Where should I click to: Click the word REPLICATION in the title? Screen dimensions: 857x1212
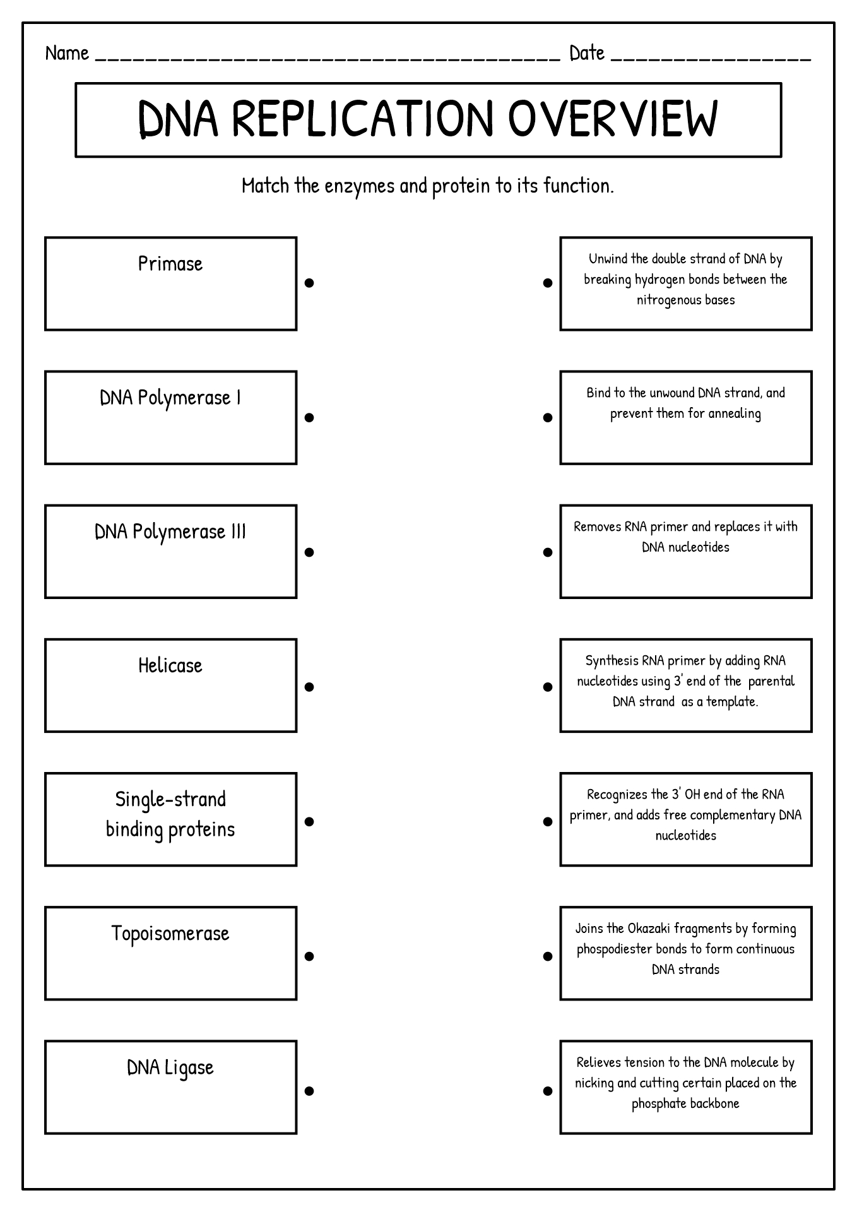tap(363, 119)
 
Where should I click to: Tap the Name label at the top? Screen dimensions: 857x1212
tap(67, 53)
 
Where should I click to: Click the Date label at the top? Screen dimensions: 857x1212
tap(587, 53)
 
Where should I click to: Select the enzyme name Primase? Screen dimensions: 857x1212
tap(170, 263)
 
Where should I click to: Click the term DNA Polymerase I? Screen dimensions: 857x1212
tap(170, 398)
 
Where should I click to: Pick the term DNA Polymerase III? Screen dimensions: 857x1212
tap(170, 532)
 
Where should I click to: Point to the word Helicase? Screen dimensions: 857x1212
tap(170, 665)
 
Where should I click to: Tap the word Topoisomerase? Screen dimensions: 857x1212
tap(170, 934)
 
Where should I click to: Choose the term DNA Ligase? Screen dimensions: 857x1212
tap(170, 1067)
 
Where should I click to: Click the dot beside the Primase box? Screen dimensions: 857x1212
tap(309, 283)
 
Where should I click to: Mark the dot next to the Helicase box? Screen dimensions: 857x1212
tap(309, 687)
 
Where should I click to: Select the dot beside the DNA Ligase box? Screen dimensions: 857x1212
tap(309, 1091)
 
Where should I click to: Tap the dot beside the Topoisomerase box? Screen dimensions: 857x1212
tap(309, 956)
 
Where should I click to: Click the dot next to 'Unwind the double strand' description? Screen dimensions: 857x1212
tap(548, 283)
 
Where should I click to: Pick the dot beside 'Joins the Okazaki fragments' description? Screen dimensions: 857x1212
tap(548, 956)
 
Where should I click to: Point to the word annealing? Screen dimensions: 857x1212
tap(735, 414)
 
